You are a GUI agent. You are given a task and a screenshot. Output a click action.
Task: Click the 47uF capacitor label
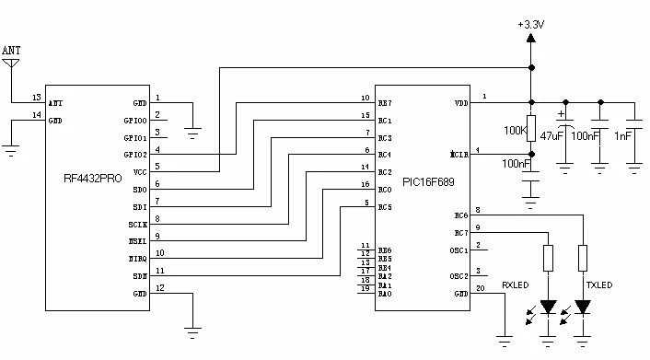(x=551, y=135)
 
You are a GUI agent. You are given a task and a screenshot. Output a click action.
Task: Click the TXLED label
(x=598, y=285)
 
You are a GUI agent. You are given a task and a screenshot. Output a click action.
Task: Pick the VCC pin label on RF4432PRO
(x=141, y=171)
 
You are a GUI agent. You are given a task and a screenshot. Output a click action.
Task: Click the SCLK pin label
(x=137, y=224)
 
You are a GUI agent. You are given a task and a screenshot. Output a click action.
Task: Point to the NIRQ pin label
(x=138, y=258)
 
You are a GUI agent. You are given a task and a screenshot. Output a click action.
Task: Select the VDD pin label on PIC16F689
(x=461, y=103)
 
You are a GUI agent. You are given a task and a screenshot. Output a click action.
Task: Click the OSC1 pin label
(x=459, y=250)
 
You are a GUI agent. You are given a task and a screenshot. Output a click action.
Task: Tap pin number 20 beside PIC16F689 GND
(x=479, y=288)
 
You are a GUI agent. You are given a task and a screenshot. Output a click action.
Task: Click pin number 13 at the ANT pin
(x=36, y=97)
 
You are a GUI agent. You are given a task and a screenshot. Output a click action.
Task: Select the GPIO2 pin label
(x=137, y=155)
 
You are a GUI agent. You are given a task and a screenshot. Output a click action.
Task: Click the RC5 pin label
(x=385, y=206)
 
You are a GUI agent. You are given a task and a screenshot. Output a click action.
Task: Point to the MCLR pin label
(x=459, y=155)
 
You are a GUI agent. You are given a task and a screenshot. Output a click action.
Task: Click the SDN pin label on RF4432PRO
(x=140, y=275)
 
